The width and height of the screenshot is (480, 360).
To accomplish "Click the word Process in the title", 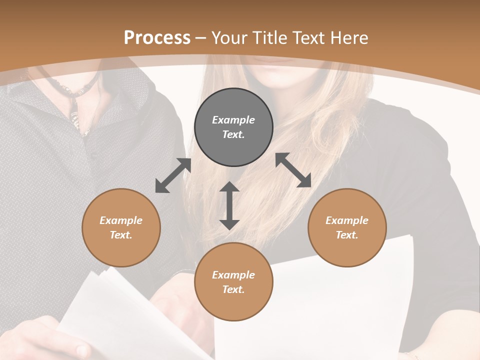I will point(157,38).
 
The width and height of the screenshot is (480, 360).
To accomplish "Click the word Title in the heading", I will point(270,38).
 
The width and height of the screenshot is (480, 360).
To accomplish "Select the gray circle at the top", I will point(233,127).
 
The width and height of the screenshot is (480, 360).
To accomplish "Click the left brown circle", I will point(121,227).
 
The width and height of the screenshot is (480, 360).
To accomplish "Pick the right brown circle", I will point(347,227).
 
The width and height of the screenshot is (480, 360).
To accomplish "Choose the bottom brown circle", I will point(233,282).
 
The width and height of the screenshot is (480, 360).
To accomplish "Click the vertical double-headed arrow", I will point(229,205).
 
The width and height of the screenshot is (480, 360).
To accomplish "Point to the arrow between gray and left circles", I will point(173,175).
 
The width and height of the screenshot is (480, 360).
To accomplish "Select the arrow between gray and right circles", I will point(293,170).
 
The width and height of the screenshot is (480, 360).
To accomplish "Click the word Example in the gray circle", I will point(233,120).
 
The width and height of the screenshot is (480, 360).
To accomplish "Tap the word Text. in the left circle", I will point(121,235).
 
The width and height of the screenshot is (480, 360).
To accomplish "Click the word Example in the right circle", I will point(347,220).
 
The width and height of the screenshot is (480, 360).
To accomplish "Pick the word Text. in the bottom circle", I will point(233,289).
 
